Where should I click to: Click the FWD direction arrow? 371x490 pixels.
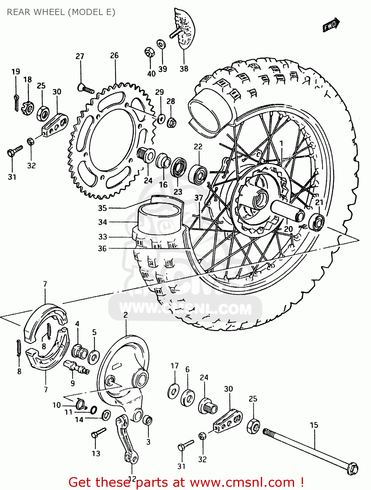331,25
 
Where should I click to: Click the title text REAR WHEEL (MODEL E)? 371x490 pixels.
61,12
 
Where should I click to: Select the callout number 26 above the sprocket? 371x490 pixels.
114,56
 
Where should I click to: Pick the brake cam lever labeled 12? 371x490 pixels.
126,438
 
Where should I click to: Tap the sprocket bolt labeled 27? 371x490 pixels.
86,88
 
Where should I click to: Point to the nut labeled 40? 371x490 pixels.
149,52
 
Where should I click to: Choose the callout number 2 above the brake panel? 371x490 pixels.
126,315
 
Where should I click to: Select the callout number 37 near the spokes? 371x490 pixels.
199,198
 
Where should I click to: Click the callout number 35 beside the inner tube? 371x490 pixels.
102,208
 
